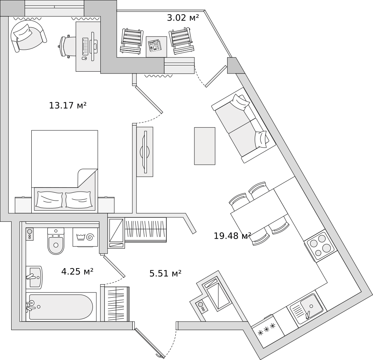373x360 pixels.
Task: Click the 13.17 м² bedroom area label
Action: pos(68,106)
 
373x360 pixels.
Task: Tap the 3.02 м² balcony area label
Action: pos(183,18)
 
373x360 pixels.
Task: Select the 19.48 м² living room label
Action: pos(232,236)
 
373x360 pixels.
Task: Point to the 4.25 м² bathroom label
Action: pos(77,271)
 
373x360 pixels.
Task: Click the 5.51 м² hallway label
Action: pos(165,274)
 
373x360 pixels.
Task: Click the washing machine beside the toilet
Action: pos(85,237)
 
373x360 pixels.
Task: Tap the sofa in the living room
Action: pos(243,125)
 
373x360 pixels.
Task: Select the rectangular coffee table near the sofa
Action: pos(204,146)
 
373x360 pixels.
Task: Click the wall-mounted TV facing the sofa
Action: pos(144,152)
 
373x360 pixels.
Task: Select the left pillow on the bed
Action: pos(48,200)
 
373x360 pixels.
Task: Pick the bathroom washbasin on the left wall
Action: pos(34,277)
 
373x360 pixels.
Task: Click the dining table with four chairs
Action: pos(259,213)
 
